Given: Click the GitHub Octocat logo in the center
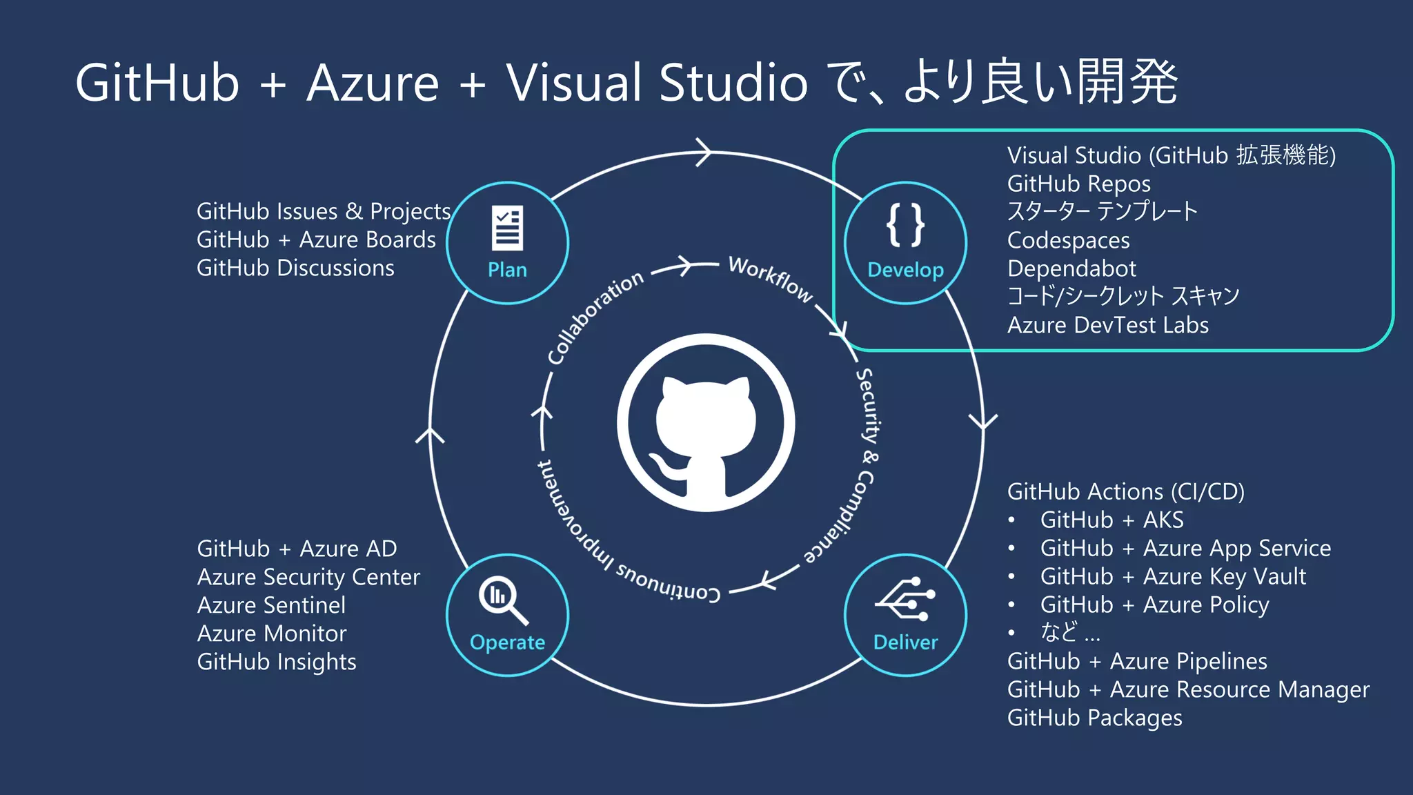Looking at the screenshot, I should [x=705, y=423].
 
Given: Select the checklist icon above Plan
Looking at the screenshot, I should [x=507, y=228].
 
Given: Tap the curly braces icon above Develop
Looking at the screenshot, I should [x=905, y=225].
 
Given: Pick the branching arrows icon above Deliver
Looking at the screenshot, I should [x=905, y=598].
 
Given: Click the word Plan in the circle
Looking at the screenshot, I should [x=507, y=270].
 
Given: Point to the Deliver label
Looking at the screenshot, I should [x=905, y=642].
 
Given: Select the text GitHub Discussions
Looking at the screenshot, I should [x=295, y=268].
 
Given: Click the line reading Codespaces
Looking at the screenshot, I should [x=1068, y=240].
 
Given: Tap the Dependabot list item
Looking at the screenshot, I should [x=1071, y=268].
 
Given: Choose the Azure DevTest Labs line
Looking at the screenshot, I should [x=1107, y=325].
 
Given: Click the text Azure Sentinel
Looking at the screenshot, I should [x=271, y=605].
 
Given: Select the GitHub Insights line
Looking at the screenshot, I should [x=277, y=662].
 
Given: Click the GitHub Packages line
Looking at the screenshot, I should [x=1094, y=718].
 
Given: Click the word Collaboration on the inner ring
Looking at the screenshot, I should [x=595, y=317].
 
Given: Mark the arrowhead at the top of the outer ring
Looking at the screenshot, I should [x=704, y=153].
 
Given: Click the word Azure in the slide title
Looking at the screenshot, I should [x=373, y=83].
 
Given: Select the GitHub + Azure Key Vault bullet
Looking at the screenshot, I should [x=1173, y=576].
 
